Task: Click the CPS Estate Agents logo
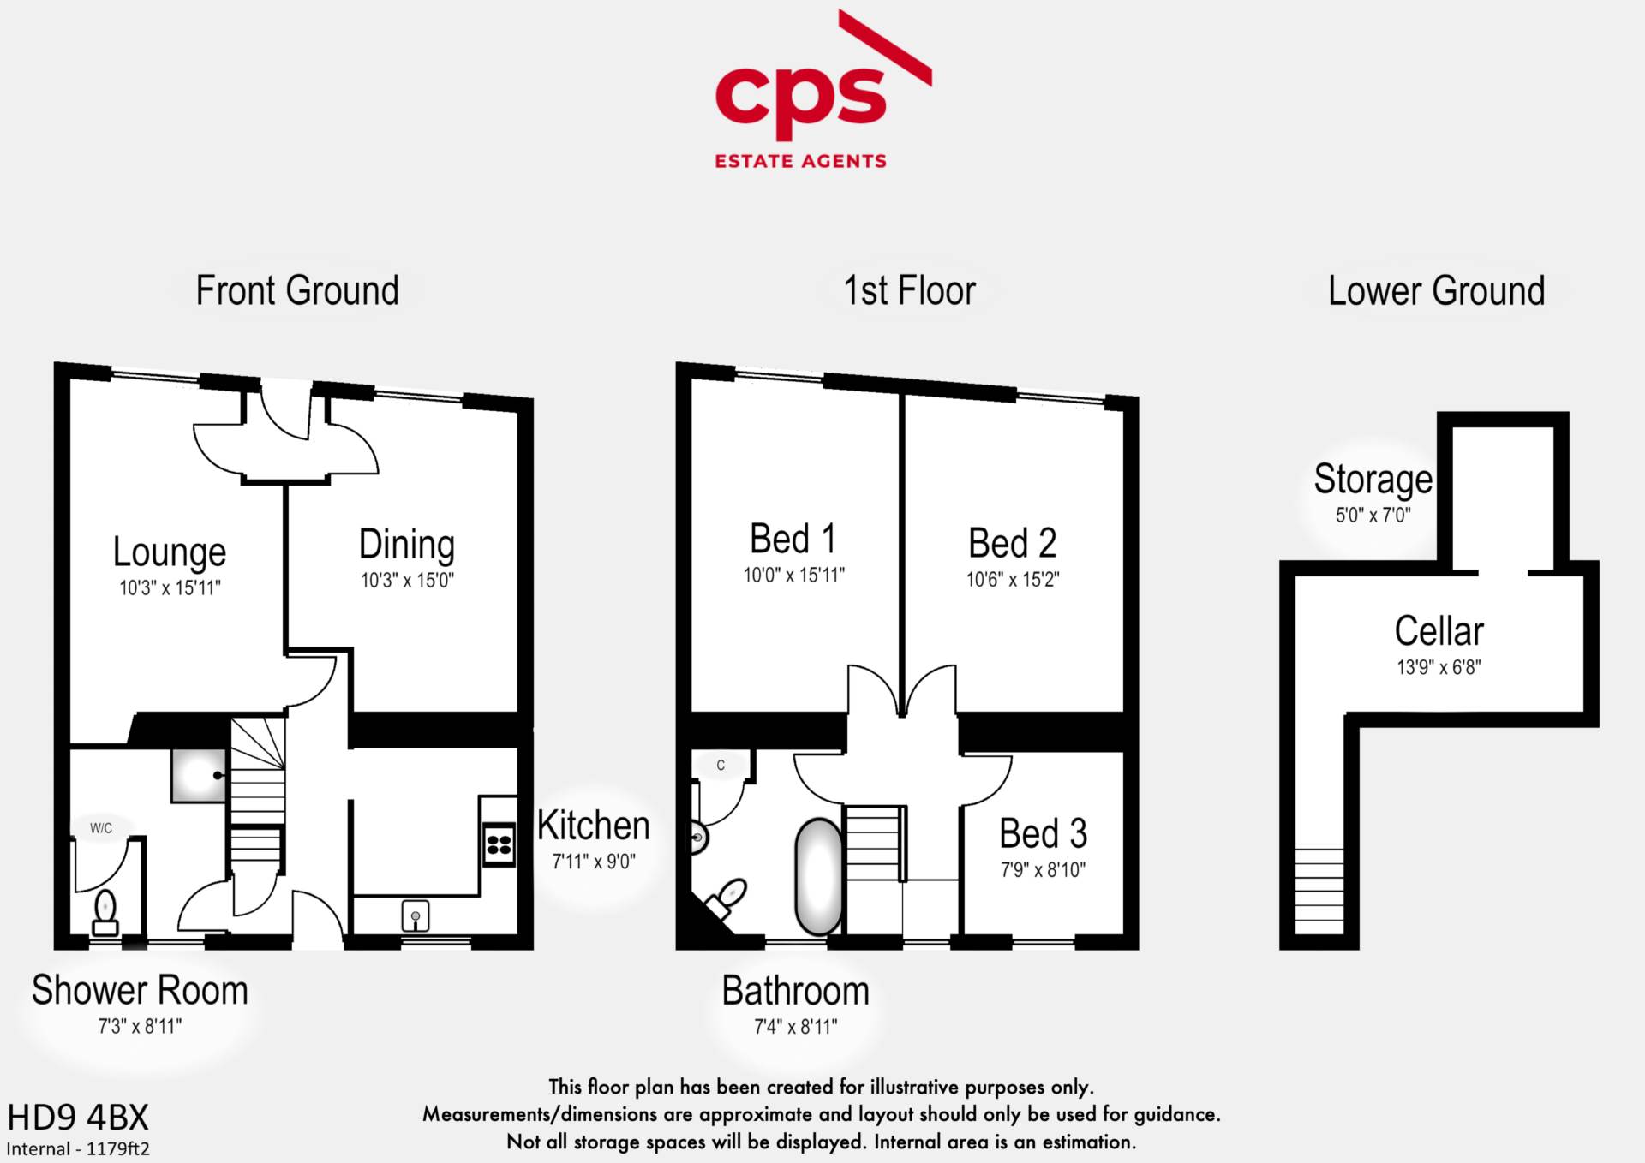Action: click(822, 90)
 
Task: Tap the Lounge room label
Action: click(170, 552)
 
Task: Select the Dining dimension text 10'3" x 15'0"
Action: click(407, 581)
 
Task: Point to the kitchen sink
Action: click(416, 916)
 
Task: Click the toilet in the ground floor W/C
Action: click(105, 913)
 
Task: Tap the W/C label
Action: click(101, 828)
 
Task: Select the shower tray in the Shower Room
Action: click(199, 775)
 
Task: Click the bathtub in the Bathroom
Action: click(820, 877)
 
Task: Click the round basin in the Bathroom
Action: click(699, 837)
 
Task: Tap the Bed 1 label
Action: click(793, 540)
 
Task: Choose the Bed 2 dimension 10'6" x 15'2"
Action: click(1013, 580)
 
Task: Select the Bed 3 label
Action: click(1043, 833)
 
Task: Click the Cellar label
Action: click(1439, 631)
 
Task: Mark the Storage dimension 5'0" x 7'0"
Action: click(1373, 516)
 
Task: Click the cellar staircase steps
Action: click(1319, 891)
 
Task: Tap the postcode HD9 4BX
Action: click(78, 1118)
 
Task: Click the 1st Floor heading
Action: click(910, 291)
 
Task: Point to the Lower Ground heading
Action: click(1437, 291)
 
